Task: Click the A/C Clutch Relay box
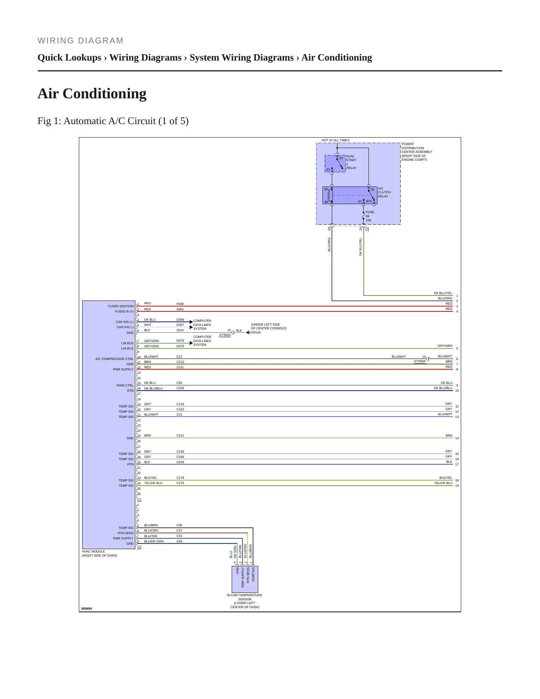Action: pos(350,195)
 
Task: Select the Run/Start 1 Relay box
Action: pos(335,164)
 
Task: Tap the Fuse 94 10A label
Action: pos(370,216)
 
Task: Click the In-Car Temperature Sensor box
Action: pos(245,579)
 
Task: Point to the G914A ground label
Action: pos(256,332)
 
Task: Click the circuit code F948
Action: pos(180,304)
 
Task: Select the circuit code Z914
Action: pos(180,330)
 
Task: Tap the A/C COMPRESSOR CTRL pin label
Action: pos(114,359)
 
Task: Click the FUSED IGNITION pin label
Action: pos(121,306)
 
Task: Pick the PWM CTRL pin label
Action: pos(125,385)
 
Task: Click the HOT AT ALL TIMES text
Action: pos(336,140)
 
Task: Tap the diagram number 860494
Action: pos(87,609)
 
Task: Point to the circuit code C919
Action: pos(180,462)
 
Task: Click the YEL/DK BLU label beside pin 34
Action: pos(153,483)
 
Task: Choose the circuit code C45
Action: pos(179,541)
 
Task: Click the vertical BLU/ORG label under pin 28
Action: pos(329,244)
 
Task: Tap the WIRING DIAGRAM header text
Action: pos(80,41)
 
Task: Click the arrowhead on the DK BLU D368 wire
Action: pos(191,322)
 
